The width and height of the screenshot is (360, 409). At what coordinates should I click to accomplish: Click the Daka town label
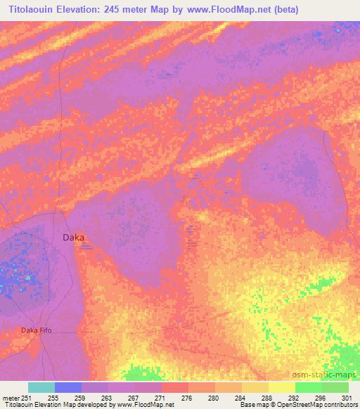[x=73, y=238]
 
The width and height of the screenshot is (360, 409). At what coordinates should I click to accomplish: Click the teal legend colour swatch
[x=41, y=387]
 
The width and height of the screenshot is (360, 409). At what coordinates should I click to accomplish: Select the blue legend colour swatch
[x=68, y=387]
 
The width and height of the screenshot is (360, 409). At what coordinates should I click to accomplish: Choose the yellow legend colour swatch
[x=282, y=387]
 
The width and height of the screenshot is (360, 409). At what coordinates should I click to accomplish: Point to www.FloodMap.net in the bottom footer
[x=145, y=405]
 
